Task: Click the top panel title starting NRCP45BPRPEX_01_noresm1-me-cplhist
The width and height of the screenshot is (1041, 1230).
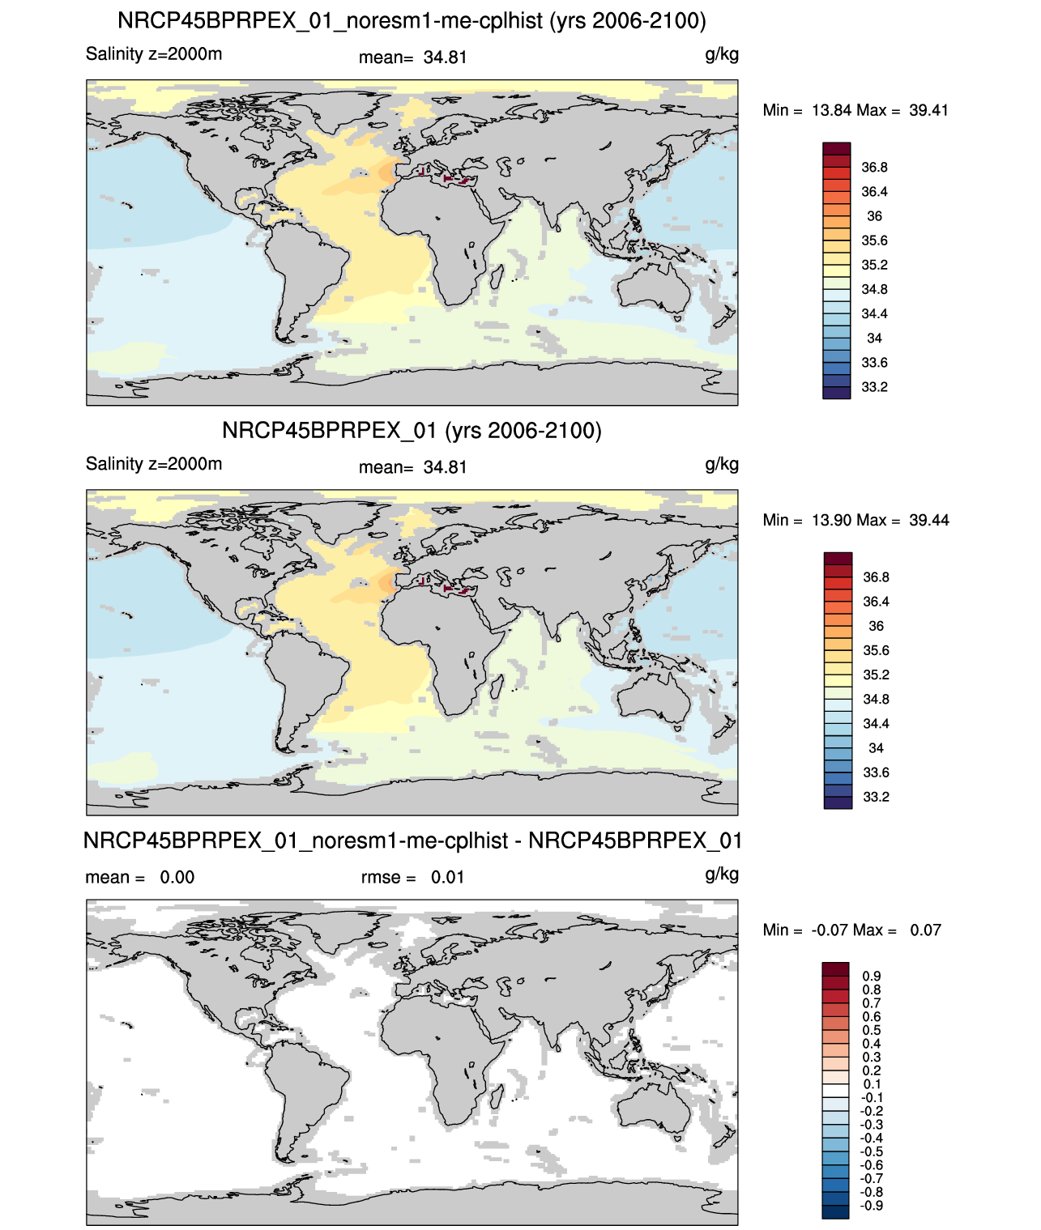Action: (x=412, y=21)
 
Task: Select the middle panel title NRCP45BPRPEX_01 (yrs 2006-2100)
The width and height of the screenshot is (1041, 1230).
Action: (x=412, y=430)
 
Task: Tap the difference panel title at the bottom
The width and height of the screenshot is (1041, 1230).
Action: (x=412, y=841)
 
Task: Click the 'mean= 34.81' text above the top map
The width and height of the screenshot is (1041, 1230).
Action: (x=412, y=57)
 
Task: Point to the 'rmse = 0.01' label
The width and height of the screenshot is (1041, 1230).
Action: (x=412, y=877)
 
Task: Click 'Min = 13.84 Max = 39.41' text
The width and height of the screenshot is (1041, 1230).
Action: (x=855, y=110)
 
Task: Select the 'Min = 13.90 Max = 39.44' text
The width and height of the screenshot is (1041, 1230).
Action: (x=856, y=520)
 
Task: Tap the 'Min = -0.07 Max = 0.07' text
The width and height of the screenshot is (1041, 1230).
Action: (x=851, y=930)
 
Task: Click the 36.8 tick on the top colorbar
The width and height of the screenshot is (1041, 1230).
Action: (x=874, y=168)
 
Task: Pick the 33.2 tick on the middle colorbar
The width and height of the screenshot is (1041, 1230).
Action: (x=876, y=797)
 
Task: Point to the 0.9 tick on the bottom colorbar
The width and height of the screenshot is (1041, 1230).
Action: (x=872, y=976)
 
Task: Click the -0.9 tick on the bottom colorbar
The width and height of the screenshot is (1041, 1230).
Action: (x=872, y=1206)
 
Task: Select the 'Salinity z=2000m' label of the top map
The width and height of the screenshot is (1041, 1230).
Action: (x=154, y=53)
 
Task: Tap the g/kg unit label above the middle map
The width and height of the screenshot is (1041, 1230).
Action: (x=722, y=465)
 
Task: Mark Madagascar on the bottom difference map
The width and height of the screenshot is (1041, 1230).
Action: (x=494, y=1096)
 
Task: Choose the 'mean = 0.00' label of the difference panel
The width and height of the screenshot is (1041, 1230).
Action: (x=140, y=877)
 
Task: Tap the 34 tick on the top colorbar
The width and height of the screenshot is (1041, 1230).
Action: (x=874, y=338)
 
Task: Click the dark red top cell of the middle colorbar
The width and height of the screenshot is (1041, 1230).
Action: (x=838, y=558)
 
